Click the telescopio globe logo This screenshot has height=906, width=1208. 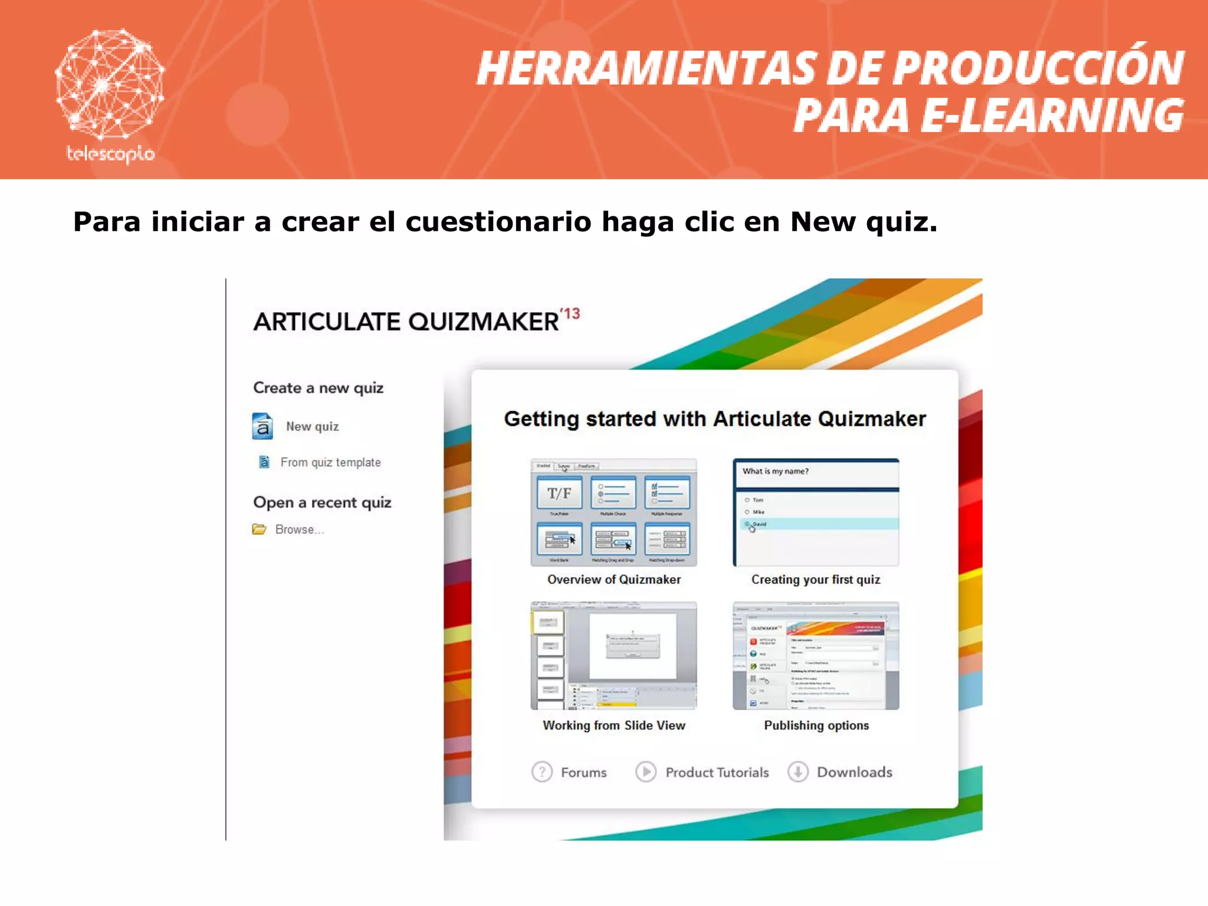[110, 86]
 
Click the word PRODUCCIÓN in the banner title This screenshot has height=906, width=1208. [1038, 68]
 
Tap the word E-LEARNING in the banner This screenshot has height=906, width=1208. [1052, 116]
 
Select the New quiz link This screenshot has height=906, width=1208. [312, 426]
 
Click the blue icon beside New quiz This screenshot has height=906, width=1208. [262, 426]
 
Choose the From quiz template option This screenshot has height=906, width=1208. [330, 462]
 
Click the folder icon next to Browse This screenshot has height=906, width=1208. [259, 529]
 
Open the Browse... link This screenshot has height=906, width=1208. [299, 530]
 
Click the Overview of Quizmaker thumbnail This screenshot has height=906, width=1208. [613, 512]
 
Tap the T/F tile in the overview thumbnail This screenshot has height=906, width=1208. [559, 493]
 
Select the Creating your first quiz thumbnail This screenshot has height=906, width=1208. [816, 512]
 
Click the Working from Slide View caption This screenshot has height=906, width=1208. [614, 726]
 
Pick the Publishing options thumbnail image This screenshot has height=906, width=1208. [816, 655]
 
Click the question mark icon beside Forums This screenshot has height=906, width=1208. [542, 772]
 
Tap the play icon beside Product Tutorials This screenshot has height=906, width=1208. [646, 772]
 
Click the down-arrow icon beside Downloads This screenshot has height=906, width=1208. [798, 772]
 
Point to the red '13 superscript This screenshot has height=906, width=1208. [570, 314]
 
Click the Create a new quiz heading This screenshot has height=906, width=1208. [319, 388]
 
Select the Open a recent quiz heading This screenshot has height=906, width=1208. [322, 503]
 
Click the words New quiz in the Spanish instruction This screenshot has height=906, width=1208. [863, 222]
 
